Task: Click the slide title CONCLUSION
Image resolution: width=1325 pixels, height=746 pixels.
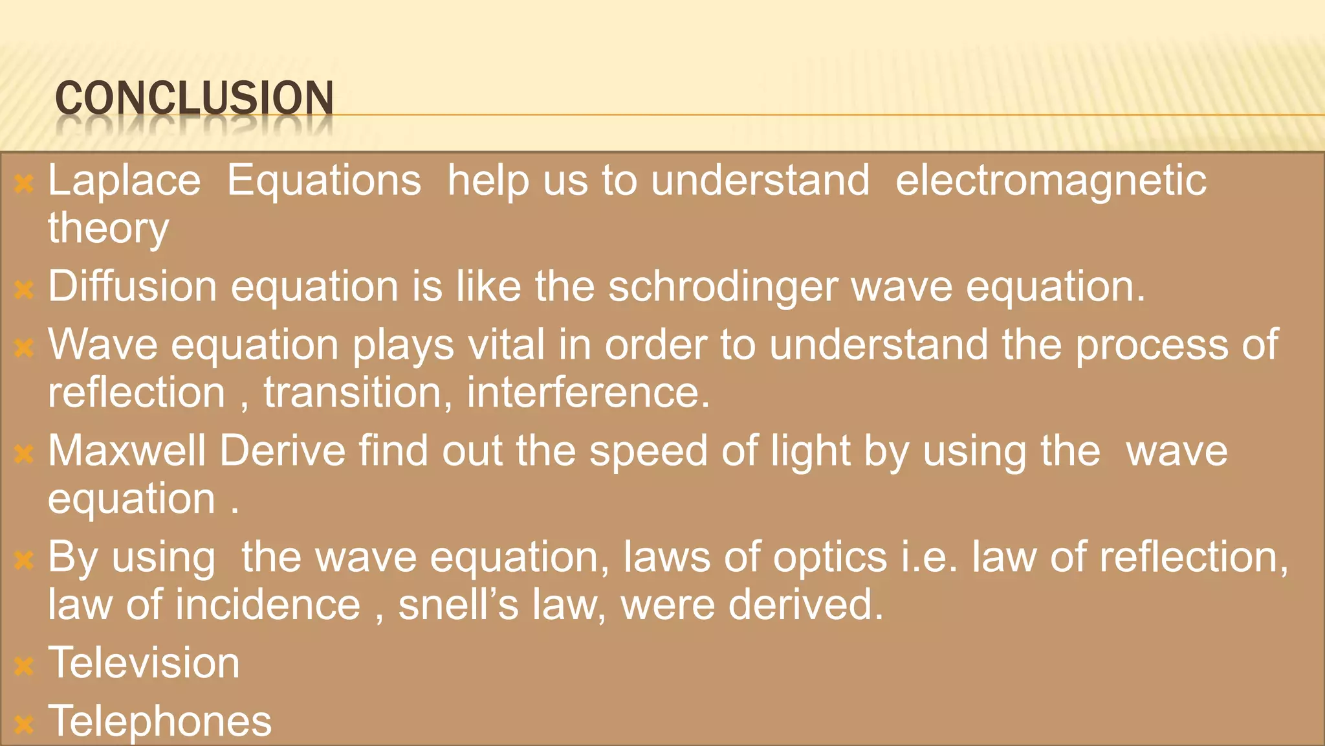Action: pyautogui.click(x=194, y=98)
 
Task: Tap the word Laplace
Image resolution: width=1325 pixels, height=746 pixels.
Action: pyautogui.click(x=124, y=181)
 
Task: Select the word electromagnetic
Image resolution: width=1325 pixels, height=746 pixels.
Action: pyautogui.click(x=1051, y=181)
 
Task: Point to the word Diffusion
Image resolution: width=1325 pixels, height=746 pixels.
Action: pyautogui.click(x=133, y=286)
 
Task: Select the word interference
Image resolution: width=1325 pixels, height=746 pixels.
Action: pyautogui.click(x=587, y=393)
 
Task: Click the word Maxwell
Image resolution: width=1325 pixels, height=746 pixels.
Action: pyautogui.click(x=127, y=451)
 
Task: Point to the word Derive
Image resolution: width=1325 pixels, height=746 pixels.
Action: pyautogui.click(x=283, y=451)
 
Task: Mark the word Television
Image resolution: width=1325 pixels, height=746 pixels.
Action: pyautogui.click(x=144, y=663)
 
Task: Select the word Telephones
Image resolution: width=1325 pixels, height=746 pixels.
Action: pyautogui.click(x=160, y=721)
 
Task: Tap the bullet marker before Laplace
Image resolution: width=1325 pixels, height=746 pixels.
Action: pyautogui.click(x=24, y=184)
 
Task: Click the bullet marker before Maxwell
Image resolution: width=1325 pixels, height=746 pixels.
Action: pyautogui.click(x=24, y=454)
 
